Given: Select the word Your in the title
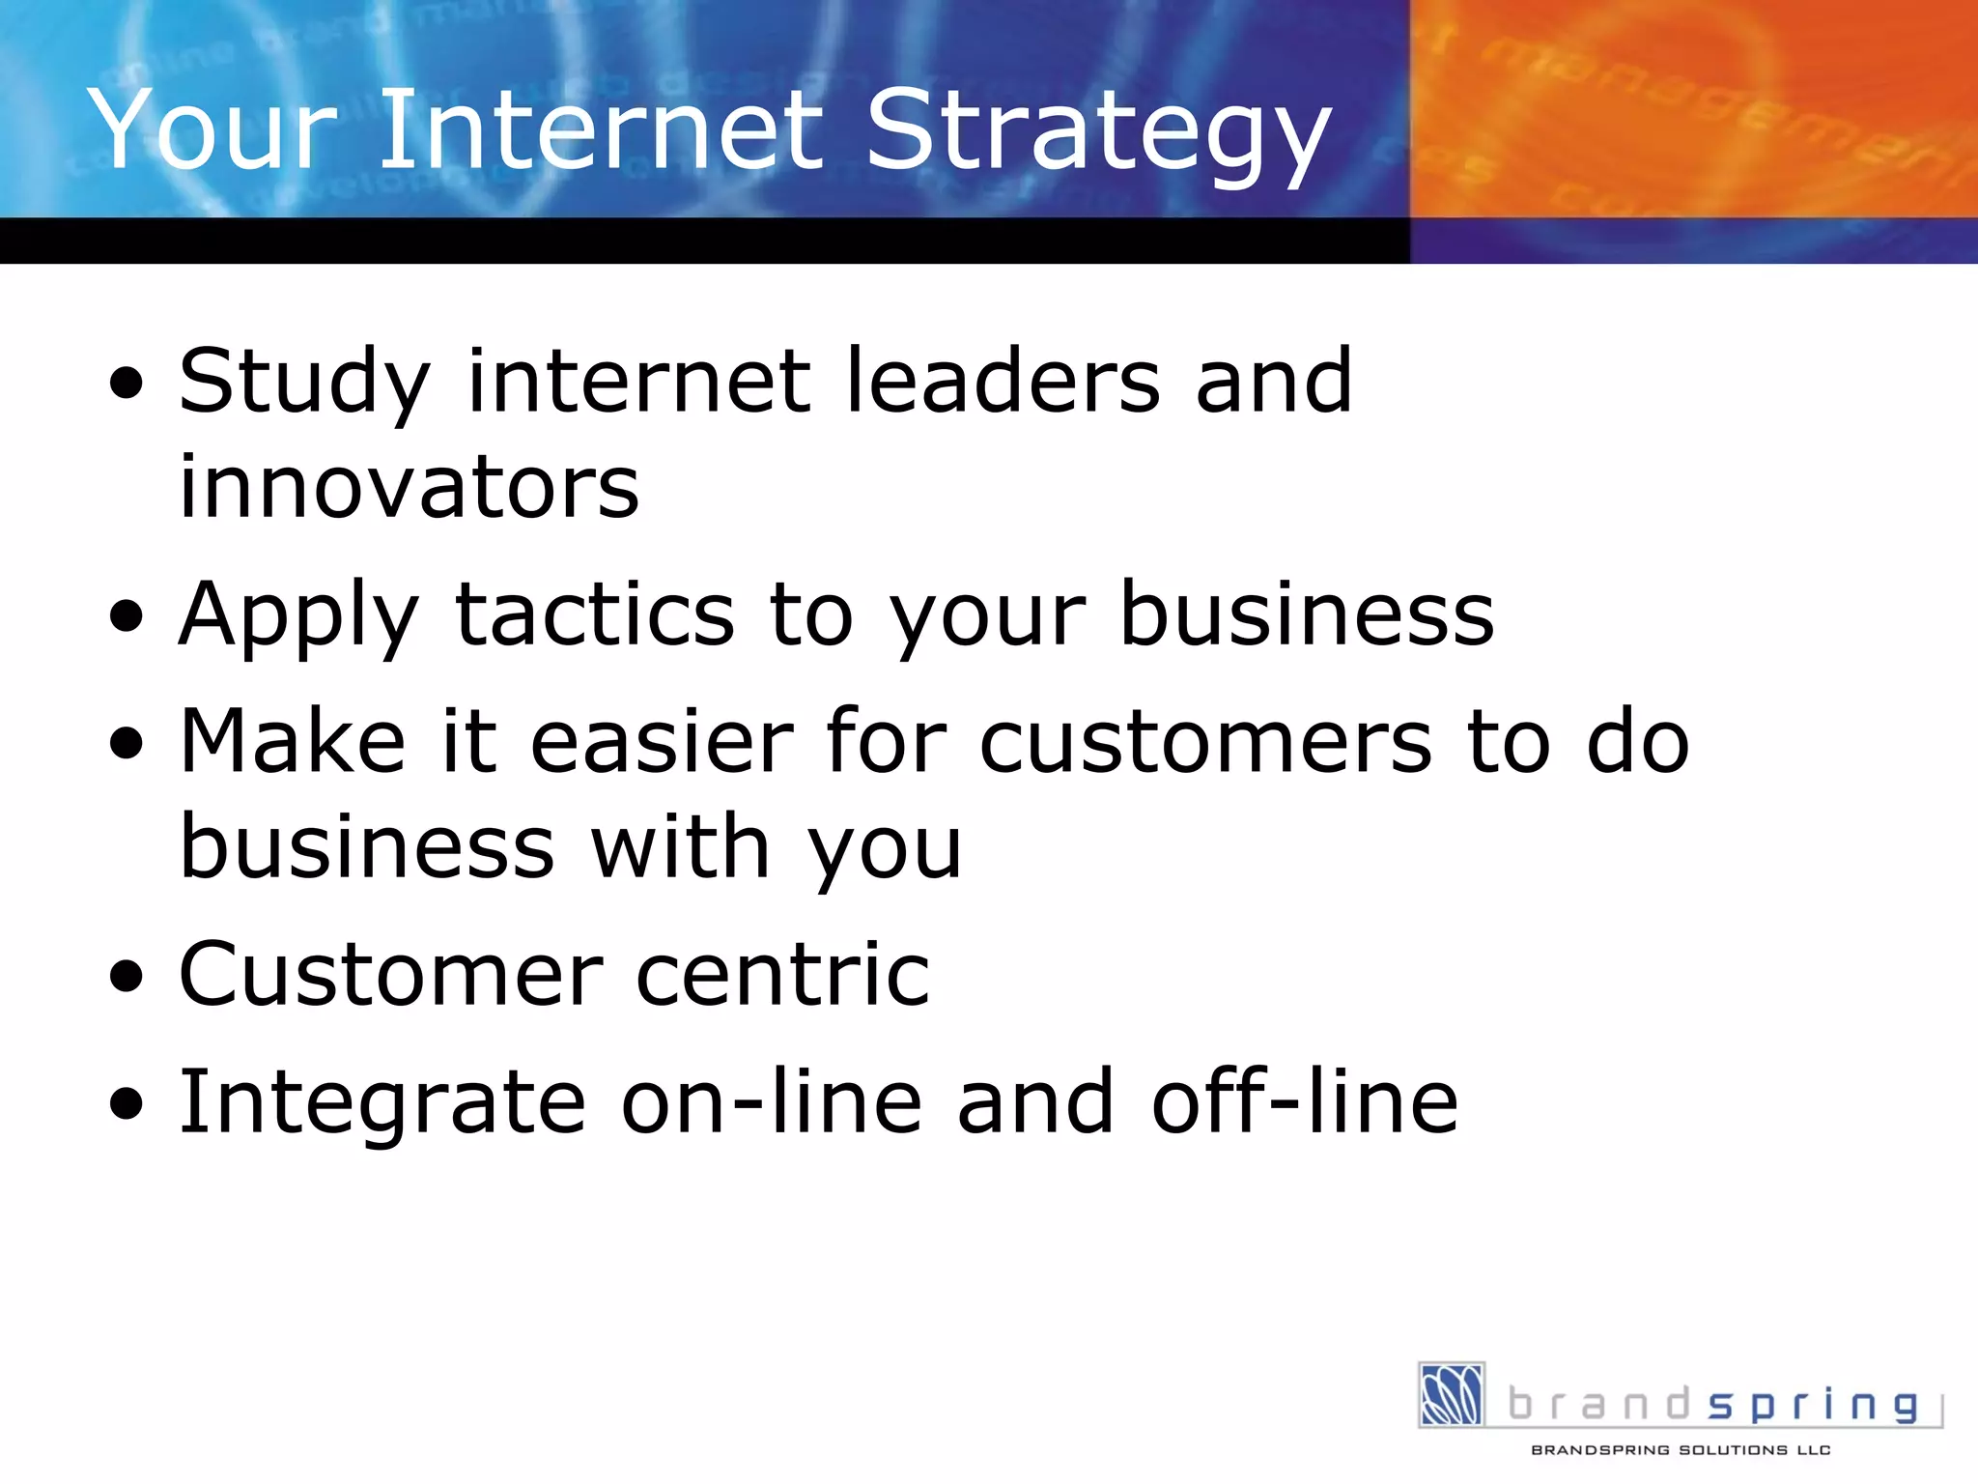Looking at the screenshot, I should (212, 130).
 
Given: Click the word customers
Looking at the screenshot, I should (1205, 744).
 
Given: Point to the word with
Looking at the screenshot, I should (680, 847).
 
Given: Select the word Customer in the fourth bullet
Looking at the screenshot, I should (391, 975).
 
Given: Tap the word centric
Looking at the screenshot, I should (782, 975).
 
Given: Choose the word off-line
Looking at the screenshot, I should (1304, 1102).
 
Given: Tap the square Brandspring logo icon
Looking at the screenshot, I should (1451, 1394).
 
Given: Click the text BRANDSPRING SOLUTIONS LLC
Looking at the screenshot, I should (1681, 1450).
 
